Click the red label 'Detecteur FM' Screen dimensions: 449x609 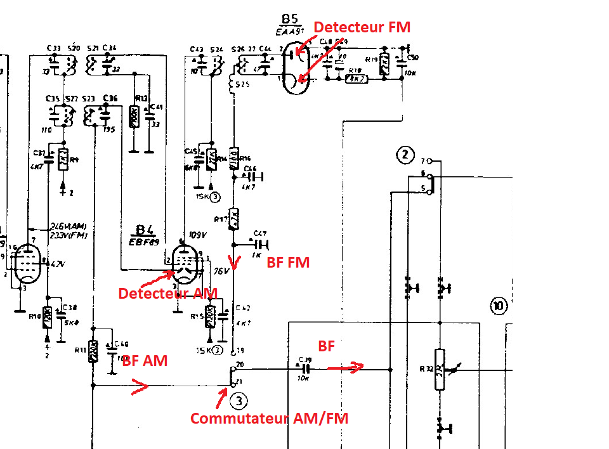pos(362,27)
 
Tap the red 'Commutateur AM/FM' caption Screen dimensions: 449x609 pos(270,419)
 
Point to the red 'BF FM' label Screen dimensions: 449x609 pos(288,262)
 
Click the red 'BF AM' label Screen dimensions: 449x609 pos(145,361)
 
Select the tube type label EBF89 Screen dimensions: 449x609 pos(145,242)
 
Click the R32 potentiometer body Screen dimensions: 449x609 pos(439,369)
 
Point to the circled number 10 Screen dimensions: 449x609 pos(499,308)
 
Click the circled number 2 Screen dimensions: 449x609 pos(404,154)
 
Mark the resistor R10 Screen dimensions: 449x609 pos(48,316)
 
